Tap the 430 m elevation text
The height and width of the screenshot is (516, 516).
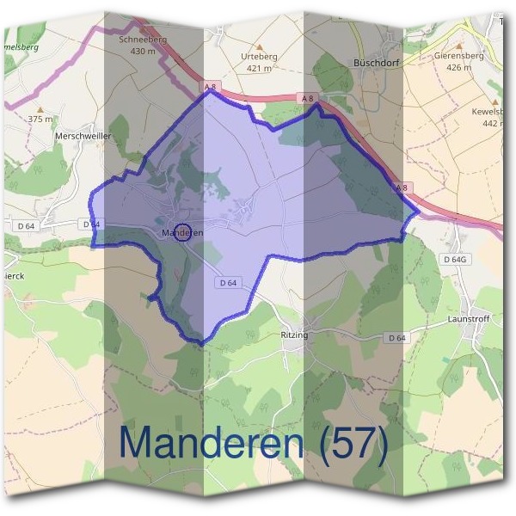tap(143, 51)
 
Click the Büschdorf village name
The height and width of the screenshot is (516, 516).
tap(378, 63)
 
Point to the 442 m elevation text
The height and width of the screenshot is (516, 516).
tap(492, 123)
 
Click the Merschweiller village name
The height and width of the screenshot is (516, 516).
tap(80, 136)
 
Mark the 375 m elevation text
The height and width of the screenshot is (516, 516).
tap(40, 119)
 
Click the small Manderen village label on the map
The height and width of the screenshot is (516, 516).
tap(182, 232)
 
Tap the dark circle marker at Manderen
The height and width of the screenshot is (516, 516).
tap(181, 232)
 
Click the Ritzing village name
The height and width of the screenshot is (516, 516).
tap(294, 335)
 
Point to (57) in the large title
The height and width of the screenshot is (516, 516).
tap(353, 443)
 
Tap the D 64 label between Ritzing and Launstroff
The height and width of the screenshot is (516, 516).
tap(396, 338)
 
